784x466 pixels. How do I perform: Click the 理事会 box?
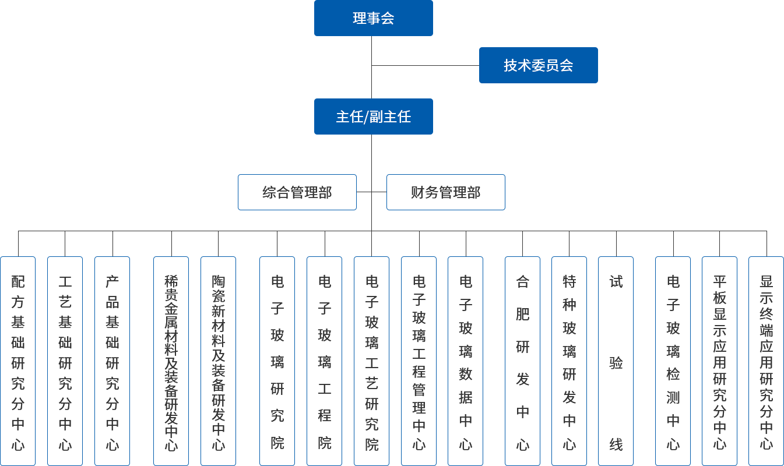click(x=373, y=18)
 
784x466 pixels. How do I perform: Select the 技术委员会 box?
click(x=538, y=65)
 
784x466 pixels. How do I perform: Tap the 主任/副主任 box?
click(x=373, y=116)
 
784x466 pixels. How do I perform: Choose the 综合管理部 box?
click(x=297, y=192)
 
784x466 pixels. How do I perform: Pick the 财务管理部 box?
click(x=445, y=192)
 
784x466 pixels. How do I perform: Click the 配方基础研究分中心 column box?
click(x=18, y=361)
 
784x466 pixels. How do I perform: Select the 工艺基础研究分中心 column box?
click(x=65, y=361)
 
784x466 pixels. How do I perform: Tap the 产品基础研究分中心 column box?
click(x=112, y=361)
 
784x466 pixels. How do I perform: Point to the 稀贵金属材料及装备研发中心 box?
click(x=171, y=361)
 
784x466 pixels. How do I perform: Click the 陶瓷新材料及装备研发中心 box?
click(x=218, y=361)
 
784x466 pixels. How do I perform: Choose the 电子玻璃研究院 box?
click(x=277, y=361)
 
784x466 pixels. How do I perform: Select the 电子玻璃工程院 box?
click(x=324, y=361)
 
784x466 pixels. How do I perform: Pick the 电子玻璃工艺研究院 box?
click(x=371, y=361)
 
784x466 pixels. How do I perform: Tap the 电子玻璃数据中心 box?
click(x=465, y=361)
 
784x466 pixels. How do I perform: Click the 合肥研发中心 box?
click(x=522, y=361)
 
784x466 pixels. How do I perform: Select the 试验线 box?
click(x=616, y=361)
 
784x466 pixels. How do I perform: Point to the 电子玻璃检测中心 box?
click(x=673, y=361)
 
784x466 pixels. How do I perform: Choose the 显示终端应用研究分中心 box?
click(x=765, y=361)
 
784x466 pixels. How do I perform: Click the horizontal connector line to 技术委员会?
click(x=426, y=65)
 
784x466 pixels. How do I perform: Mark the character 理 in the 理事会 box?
click(x=360, y=18)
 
